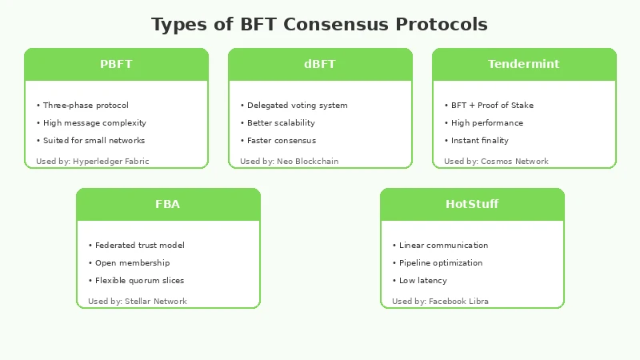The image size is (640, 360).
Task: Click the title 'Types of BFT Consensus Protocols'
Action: coord(319,24)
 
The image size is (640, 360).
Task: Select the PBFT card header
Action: coord(116,64)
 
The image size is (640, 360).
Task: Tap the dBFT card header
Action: coord(320,64)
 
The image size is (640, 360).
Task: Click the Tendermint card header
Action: coord(524,64)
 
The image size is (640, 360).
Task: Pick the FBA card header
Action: coord(168,204)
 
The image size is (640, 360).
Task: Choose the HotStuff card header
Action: coord(472,204)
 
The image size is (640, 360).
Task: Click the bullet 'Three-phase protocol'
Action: coord(85,106)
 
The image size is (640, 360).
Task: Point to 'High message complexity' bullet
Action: coord(94,123)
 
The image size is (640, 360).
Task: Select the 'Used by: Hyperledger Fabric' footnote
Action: coord(93,162)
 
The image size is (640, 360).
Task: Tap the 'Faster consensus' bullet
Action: coord(281,141)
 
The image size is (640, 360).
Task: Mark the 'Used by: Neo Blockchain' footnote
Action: coord(290,162)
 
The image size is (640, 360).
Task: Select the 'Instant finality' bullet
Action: coord(482,141)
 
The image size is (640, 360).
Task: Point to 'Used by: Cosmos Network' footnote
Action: coord(497,162)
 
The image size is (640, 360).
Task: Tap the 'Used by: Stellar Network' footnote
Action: coord(138,302)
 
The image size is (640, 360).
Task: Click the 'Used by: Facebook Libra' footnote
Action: coord(441,302)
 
